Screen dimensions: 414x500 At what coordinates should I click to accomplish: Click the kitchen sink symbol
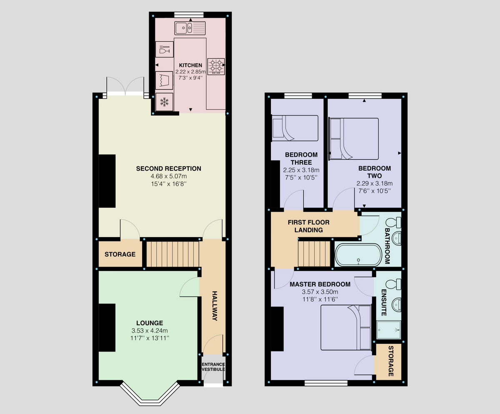190,28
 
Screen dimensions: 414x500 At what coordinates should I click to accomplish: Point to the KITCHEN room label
190,65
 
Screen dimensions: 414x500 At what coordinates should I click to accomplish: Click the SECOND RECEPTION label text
168,169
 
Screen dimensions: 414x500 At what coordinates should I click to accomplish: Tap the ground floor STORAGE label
120,254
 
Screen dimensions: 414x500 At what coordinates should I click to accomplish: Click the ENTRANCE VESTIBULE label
213,367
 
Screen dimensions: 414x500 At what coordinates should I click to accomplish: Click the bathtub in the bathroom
358,254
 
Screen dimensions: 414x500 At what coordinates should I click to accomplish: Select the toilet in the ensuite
392,284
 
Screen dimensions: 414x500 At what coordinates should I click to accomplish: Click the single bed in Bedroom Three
295,128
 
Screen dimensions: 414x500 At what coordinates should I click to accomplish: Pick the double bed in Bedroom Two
354,139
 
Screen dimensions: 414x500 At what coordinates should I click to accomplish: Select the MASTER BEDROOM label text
320,284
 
